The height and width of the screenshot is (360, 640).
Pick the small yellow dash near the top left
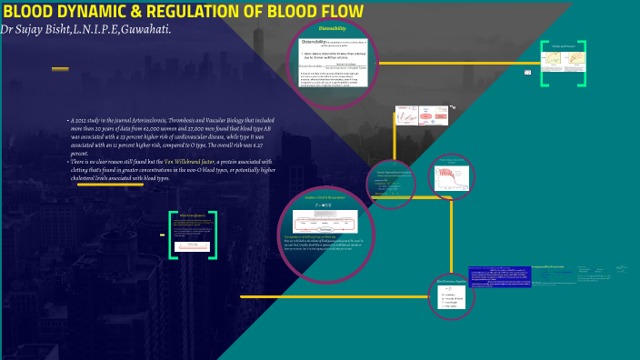click(60, 69)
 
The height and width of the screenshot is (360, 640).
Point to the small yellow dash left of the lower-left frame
click(162, 235)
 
